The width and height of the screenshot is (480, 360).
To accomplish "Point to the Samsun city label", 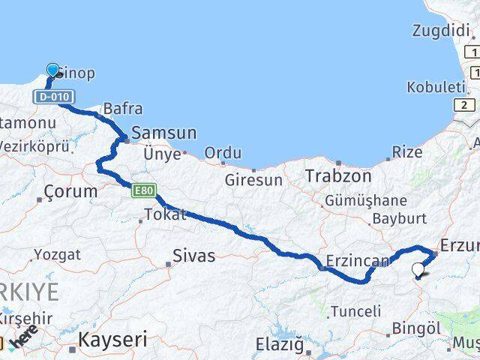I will tap(163, 133).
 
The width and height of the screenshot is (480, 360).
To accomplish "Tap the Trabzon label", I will tap(338, 176).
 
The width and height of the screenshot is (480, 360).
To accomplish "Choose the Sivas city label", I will tap(193, 256).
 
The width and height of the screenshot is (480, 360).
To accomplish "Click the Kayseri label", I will tap(113, 339).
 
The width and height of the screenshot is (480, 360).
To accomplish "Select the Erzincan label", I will tap(358, 262).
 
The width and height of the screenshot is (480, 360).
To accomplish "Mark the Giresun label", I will tap(254, 180).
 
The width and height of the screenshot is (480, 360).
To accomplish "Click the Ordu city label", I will tap(223, 153).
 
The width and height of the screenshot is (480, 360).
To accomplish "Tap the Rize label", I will tap(407, 152).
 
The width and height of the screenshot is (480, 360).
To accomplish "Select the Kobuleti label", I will tap(436, 87).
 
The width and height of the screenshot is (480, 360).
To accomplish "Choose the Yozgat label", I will tap(57, 255).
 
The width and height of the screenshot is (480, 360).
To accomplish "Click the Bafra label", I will tap(123, 109).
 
